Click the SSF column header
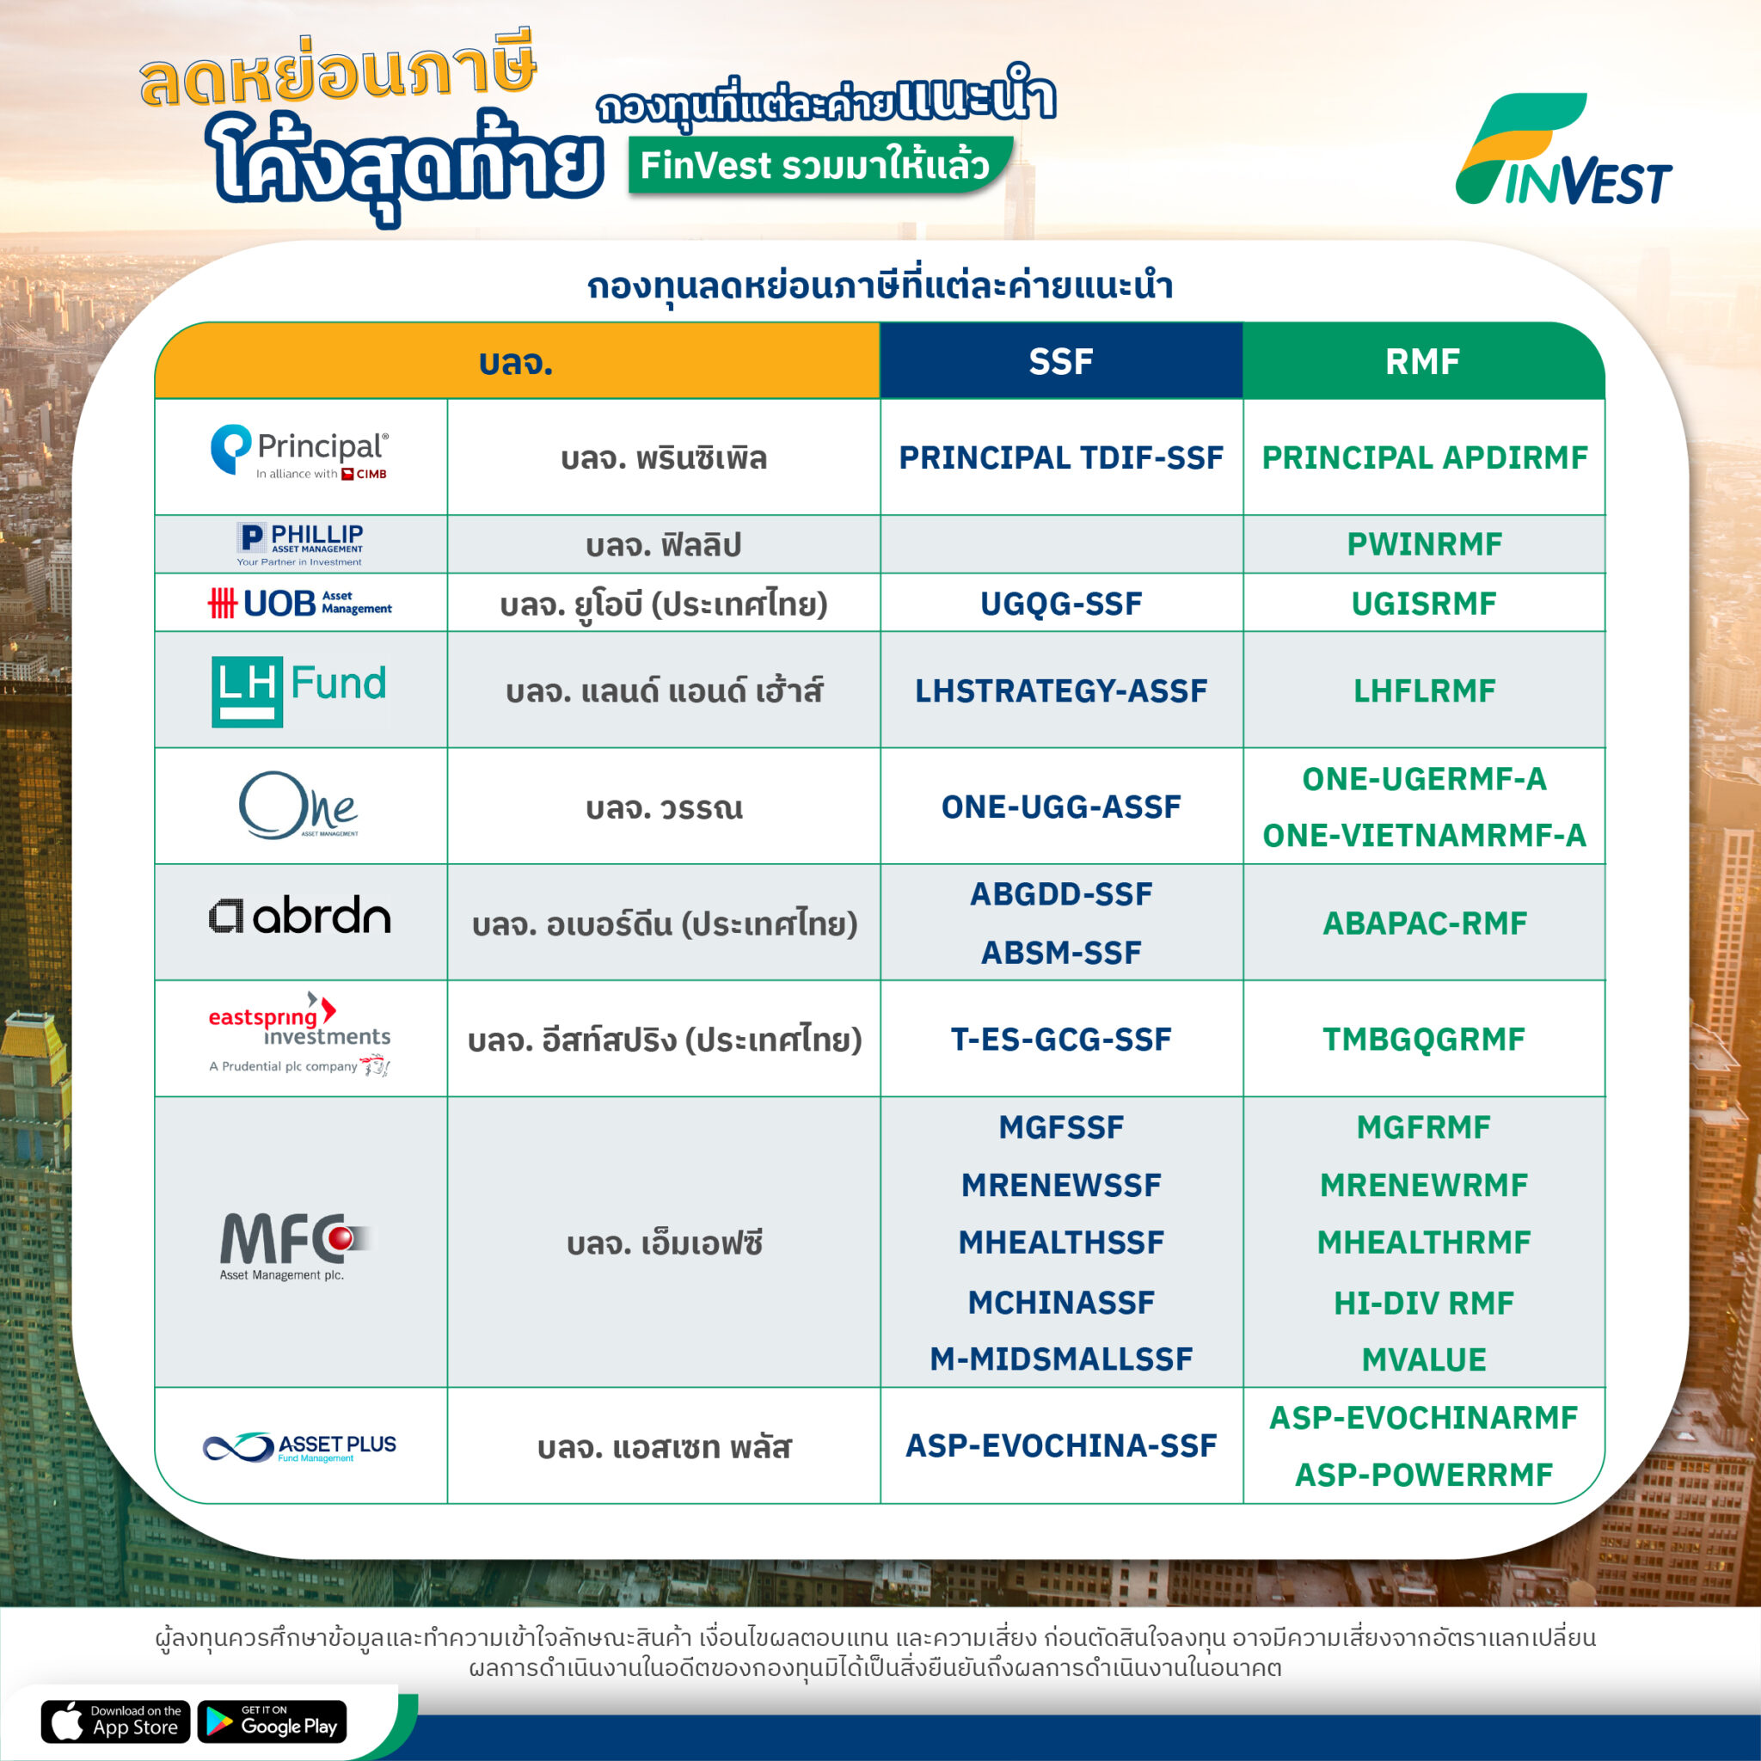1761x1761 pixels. click(x=1061, y=362)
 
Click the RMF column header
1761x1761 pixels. click(x=1423, y=362)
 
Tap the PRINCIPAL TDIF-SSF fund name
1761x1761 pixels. click(x=1061, y=457)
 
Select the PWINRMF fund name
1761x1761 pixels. click(x=1424, y=544)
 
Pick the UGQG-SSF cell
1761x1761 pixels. click(x=1061, y=604)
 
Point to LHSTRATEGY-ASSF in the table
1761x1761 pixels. click(x=1061, y=691)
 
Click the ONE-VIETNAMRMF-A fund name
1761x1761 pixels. click(x=1424, y=835)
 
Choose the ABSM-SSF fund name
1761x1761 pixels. click(x=1061, y=953)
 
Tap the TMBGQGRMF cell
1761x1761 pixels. click(x=1424, y=1039)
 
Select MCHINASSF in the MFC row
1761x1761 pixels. click(x=1061, y=1303)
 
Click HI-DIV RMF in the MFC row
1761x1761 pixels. click(x=1424, y=1304)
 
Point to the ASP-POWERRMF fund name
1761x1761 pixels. click(x=1424, y=1475)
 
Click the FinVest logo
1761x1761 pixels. click(x=1562, y=150)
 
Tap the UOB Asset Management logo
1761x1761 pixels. click(x=300, y=604)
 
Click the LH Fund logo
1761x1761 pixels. click(x=299, y=691)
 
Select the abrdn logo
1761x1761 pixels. click(x=299, y=916)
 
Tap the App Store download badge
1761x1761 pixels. click(x=116, y=1721)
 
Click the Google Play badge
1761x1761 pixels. click(x=273, y=1721)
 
